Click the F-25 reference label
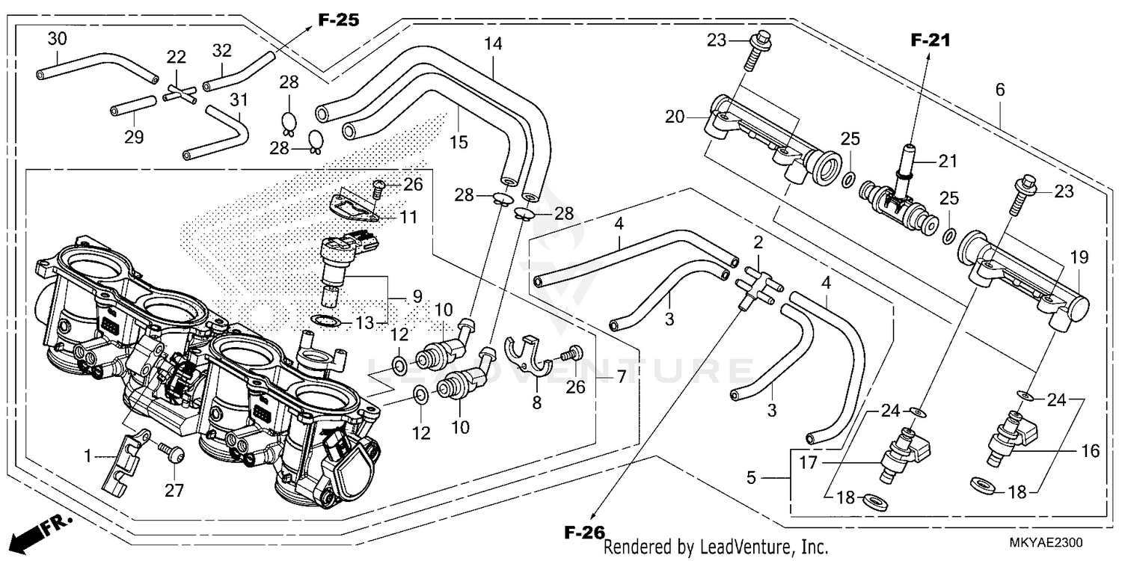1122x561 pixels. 338,20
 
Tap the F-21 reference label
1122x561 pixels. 930,41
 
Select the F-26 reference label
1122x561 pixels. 583,533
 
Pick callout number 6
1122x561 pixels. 999,89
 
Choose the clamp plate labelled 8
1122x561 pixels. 529,358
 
